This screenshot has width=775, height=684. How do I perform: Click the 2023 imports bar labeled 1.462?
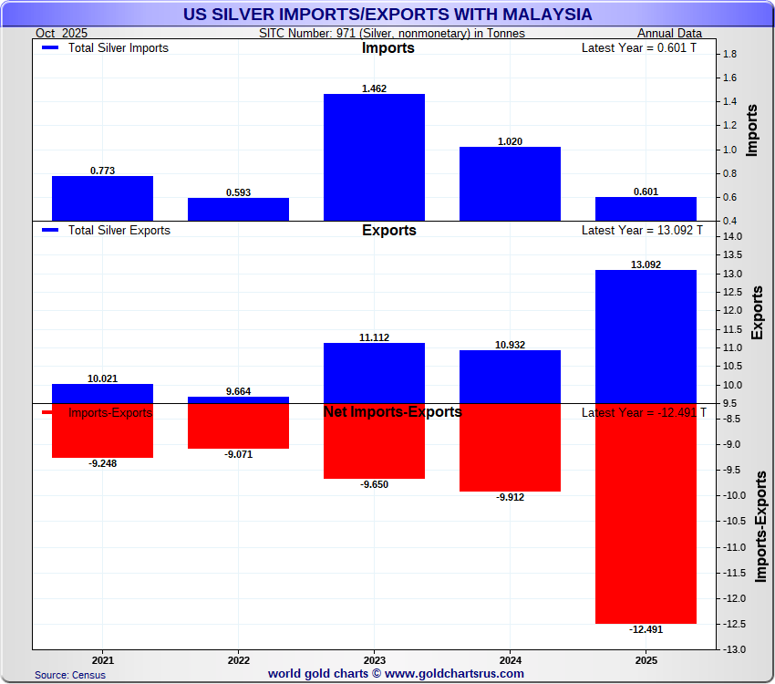[x=374, y=157]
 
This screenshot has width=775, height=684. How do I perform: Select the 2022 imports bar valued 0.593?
[x=238, y=209]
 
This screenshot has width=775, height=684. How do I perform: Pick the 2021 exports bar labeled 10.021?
[x=102, y=393]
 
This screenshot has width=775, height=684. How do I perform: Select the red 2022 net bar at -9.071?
[x=238, y=426]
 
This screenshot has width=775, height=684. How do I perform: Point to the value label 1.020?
[x=510, y=141]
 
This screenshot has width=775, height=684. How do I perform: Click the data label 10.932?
[x=510, y=345]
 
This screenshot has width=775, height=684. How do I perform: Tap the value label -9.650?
[x=374, y=484]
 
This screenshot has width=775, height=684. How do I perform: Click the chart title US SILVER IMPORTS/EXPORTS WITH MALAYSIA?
[x=387, y=15]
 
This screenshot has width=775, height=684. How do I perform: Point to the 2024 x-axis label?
[x=510, y=658]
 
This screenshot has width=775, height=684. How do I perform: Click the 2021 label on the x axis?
[x=102, y=658]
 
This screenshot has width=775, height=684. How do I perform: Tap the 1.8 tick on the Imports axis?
[x=729, y=55]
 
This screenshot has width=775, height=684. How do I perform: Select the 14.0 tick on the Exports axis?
[x=732, y=237]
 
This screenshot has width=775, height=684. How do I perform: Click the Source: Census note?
[x=70, y=675]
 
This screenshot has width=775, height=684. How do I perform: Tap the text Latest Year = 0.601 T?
[x=638, y=48]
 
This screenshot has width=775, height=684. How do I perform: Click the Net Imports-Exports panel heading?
[x=392, y=412]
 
